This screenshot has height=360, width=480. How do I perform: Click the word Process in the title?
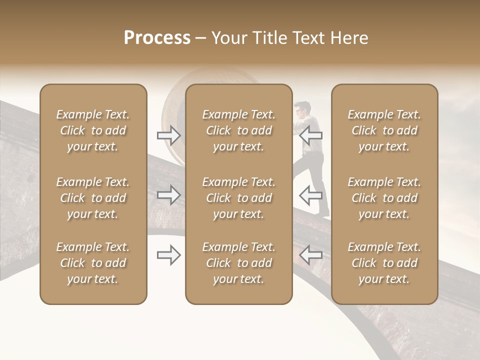click(x=157, y=38)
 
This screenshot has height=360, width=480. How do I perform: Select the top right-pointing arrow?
click(x=168, y=135)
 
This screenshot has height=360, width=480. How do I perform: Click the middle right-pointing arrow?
click(x=168, y=195)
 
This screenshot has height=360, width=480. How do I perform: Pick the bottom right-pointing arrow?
click(x=168, y=255)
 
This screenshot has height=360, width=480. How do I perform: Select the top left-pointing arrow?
click(x=311, y=135)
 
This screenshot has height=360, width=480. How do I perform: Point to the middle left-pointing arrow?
click(x=311, y=195)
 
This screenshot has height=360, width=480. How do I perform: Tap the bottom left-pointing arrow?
click(x=311, y=255)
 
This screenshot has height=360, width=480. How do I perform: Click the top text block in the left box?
click(x=93, y=130)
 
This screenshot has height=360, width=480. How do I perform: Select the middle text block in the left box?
click(x=93, y=198)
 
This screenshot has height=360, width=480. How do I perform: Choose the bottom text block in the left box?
click(x=93, y=263)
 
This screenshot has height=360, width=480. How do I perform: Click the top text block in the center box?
click(x=238, y=130)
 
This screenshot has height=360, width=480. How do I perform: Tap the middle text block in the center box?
click(x=238, y=198)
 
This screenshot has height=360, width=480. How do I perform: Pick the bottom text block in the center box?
click(x=238, y=263)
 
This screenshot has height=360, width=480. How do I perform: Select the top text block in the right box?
click(x=384, y=130)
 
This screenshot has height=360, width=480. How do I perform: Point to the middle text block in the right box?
click(x=384, y=198)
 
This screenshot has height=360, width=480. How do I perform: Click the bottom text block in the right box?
click(x=384, y=263)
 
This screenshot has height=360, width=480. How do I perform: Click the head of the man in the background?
click(x=302, y=109)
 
